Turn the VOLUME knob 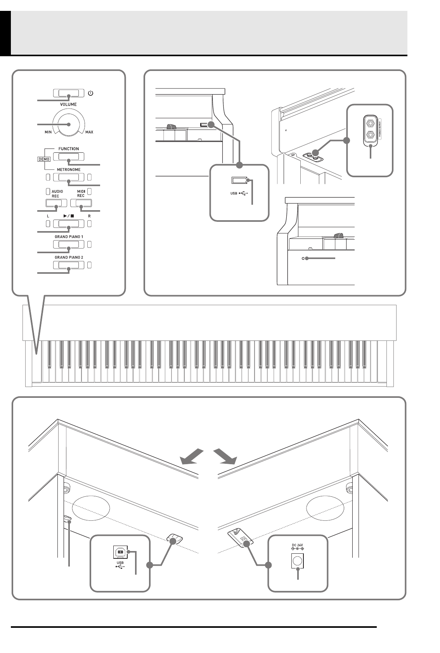click(69, 124)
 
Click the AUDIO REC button click(56, 203)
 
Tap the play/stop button click(68, 224)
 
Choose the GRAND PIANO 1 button click(68, 245)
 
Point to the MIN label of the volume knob click(48, 132)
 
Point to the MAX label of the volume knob click(89, 132)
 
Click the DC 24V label click(297, 545)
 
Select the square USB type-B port click(120, 552)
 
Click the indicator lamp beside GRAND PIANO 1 click(90, 245)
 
